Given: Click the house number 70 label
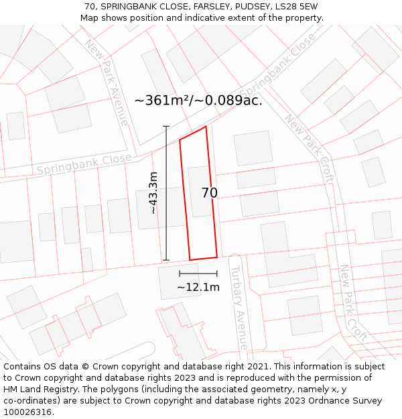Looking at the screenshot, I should [x=209, y=193].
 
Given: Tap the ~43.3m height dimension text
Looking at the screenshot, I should [x=153, y=193].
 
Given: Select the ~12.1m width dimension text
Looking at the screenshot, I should [x=198, y=288].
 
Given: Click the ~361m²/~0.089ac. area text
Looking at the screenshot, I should [x=198, y=101].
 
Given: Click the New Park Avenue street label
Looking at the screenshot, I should [x=107, y=82].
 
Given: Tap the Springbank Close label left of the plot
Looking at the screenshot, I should [x=84, y=164].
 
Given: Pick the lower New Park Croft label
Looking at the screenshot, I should [x=353, y=302].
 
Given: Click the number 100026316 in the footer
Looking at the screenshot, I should [x=27, y=412].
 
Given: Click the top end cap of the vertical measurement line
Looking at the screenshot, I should [x=166, y=127].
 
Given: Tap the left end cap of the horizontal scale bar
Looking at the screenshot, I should [x=180, y=273].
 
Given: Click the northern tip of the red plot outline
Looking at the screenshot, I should [x=205, y=127].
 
